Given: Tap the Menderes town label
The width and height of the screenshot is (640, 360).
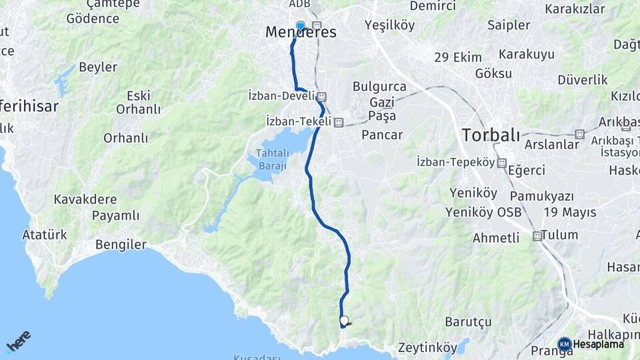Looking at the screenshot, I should [301, 32].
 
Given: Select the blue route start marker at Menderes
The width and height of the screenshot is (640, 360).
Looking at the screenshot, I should [300, 26].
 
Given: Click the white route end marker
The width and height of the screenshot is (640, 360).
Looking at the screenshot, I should [344, 321].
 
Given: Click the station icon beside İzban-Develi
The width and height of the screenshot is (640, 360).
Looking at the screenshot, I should [321, 96].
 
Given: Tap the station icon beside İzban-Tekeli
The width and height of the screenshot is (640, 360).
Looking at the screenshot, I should [339, 122].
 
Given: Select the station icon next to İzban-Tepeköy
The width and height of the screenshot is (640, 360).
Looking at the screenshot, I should [501, 163].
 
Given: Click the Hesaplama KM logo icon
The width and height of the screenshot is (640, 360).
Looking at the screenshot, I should [564, 344].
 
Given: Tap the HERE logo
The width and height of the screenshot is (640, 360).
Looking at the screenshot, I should [19, 341].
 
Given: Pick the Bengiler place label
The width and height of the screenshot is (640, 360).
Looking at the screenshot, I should [121, 245].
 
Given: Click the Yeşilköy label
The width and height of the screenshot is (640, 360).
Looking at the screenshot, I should [390, 25].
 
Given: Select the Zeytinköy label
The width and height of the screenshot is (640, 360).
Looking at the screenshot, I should [427, 348].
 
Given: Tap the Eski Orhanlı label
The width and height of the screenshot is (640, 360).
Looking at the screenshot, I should [139, 102].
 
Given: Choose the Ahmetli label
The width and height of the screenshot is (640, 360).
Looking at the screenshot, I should [495, 238].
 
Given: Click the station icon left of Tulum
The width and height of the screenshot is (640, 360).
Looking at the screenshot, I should [537, 235].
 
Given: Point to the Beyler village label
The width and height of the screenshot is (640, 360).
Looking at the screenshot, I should [98, 67].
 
